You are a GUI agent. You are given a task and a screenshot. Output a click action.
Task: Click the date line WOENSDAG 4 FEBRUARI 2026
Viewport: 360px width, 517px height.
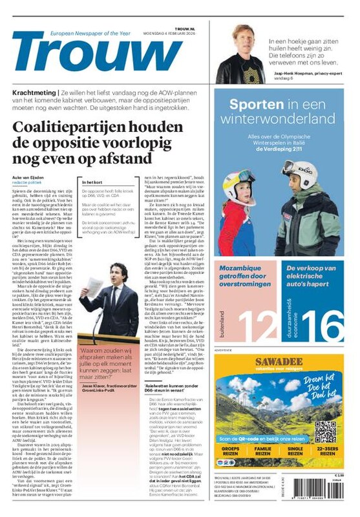click(x=163, y=28)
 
